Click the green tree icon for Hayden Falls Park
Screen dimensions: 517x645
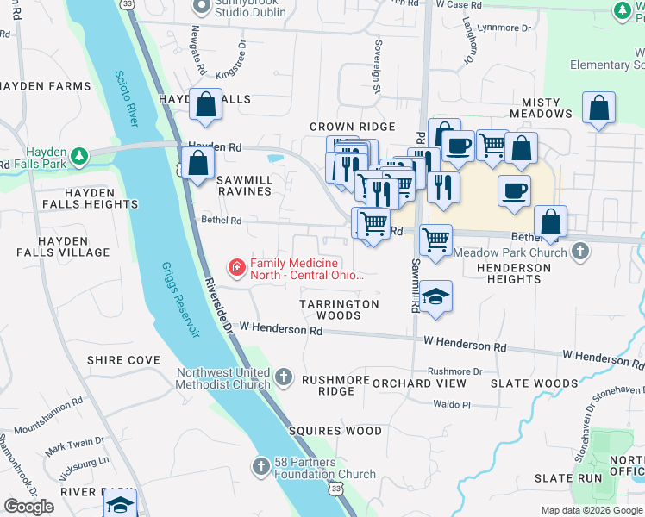80,155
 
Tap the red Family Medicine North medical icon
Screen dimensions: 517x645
236,268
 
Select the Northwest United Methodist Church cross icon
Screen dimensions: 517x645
285,377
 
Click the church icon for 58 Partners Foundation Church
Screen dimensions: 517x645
261,466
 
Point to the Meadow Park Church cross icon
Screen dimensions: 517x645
581,252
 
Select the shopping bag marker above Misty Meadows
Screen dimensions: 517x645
598,109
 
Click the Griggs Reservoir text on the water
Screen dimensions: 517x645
180,300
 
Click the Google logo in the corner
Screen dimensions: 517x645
28,507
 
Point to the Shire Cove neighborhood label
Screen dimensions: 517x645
123,360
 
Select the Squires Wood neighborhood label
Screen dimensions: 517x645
335,431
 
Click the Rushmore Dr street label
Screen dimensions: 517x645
454,371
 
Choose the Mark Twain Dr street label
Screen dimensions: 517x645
75,445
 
